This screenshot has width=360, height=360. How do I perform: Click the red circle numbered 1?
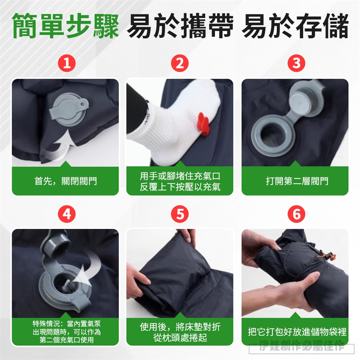click(67, 63)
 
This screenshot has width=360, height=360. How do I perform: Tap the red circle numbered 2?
click(180, 63)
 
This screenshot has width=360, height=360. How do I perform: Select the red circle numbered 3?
click(296, 63)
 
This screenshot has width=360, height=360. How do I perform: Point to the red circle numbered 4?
click(67, 214)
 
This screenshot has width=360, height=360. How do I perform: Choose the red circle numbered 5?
click(180, 214)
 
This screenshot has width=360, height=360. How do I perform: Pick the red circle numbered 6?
click(296, 214)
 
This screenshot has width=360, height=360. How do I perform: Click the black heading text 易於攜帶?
click(180, 26)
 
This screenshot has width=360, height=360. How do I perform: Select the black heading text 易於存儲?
click(295, 26)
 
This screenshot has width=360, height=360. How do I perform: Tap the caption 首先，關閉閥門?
click(65, 181)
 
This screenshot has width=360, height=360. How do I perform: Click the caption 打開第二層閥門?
click(297, 181)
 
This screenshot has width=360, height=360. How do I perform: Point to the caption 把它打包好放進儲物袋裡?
click(297, 332)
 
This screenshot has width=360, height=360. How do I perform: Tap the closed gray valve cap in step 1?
click(68, 112)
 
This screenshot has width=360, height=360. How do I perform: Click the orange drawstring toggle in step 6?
click(327, 256)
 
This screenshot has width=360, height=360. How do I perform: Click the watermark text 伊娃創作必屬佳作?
click(301, 347)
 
